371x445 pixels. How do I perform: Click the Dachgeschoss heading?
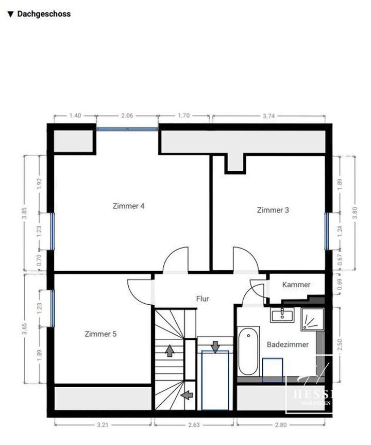point(43,14)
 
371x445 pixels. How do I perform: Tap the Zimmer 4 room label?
point(128,206)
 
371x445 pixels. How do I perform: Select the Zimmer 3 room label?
point(273,210)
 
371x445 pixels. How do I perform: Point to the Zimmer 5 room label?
point(100,334)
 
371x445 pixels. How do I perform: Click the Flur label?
point(203,298)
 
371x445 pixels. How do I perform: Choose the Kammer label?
point(296,285)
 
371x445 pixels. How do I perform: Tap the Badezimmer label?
point(288,344)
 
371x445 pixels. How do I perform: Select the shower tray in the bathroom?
point(312,320)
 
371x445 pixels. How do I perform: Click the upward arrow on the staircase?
point(168,352)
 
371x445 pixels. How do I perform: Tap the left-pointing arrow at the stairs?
point(188,395)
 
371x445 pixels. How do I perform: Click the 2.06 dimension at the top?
point(127,116)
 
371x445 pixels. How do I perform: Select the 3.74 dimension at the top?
point(268,116)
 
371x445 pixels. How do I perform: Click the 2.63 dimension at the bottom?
point(193,425)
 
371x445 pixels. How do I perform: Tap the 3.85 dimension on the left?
point(23,213)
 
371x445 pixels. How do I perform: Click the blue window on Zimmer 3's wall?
point(327,228)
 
